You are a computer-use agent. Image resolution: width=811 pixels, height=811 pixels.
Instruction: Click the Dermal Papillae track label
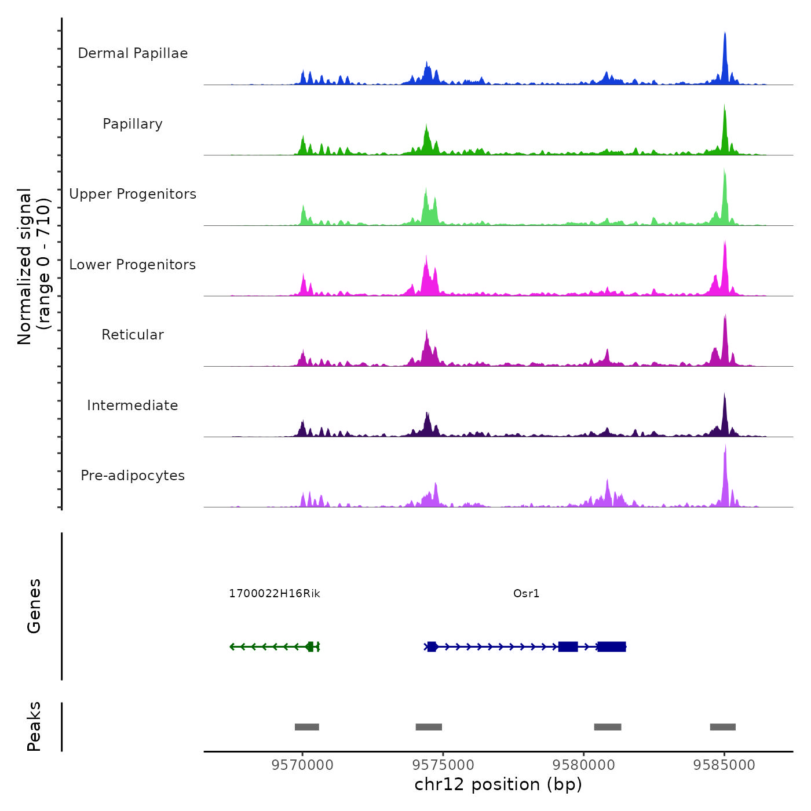point(133,53)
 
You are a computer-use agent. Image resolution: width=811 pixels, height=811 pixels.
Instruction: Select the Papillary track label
point(133,124)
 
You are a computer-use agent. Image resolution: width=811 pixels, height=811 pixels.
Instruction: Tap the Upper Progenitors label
point(133,194)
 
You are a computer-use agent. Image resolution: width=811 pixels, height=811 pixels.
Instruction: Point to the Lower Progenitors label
point(133,265)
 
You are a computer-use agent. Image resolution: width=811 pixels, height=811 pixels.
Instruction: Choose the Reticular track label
point(133,335)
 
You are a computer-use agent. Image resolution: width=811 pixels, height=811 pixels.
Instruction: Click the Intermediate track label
point(133,405)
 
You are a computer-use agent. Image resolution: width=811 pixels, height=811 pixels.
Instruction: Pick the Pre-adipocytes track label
point(133,476)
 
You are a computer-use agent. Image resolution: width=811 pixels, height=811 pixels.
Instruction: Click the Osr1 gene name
point(526,594)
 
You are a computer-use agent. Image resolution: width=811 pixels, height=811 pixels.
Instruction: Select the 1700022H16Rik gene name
point(275,594)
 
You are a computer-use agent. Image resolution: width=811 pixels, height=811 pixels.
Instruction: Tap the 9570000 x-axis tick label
point(302,765)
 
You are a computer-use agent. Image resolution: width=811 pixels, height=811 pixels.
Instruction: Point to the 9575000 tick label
point(443,765)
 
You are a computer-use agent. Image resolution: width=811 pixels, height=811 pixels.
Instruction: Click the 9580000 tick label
point(583,765)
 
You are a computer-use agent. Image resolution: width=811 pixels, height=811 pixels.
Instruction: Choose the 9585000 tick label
point(724,765)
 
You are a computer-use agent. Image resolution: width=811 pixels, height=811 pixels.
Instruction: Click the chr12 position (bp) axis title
point(498,784)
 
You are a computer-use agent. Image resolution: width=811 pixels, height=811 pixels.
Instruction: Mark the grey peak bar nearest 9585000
point(723,727)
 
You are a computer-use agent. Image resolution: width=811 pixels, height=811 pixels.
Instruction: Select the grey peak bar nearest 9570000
point(307,727)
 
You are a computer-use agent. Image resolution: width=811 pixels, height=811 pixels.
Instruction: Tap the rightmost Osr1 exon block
point(612,646)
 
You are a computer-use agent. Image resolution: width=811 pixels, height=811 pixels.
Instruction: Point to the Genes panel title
point(34,606)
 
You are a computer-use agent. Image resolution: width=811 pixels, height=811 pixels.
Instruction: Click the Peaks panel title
point(34,726)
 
